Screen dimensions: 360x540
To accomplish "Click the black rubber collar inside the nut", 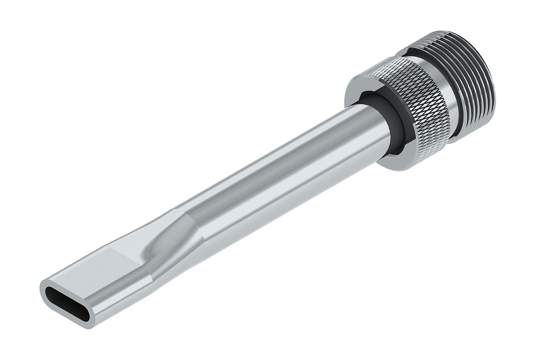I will (398, 130).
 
